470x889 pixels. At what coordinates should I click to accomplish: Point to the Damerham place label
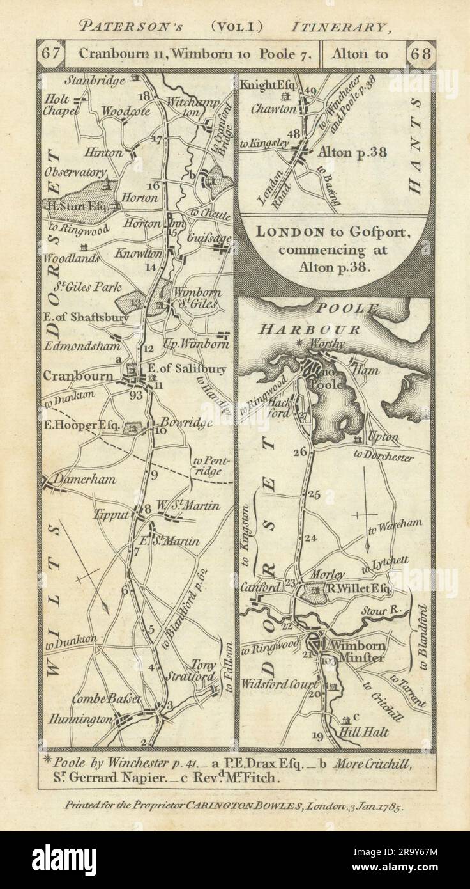point(73,477)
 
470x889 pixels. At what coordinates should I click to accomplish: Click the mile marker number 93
point(135,395)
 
